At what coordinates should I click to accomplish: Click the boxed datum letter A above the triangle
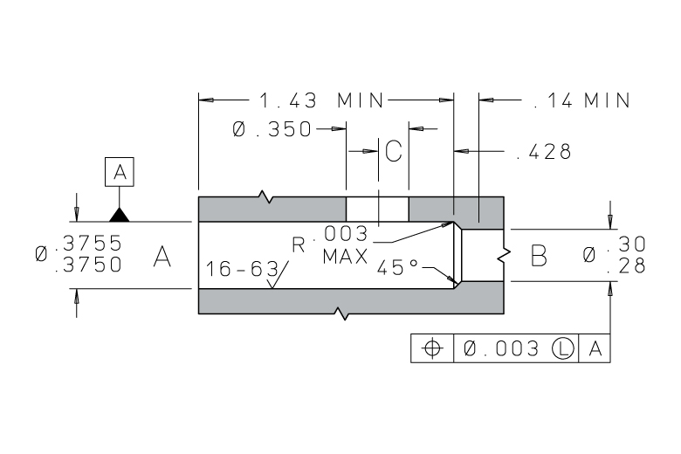120,172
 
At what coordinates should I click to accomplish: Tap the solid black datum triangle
120,215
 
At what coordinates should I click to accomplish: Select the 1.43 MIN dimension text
321,100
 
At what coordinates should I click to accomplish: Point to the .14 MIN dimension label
582,100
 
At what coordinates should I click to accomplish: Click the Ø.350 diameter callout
272,129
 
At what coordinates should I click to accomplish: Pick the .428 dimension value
545,152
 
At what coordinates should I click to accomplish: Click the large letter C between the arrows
394,151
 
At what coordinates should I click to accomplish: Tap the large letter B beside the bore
539,256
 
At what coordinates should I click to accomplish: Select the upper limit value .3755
88,243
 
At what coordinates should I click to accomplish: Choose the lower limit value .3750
88,265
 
